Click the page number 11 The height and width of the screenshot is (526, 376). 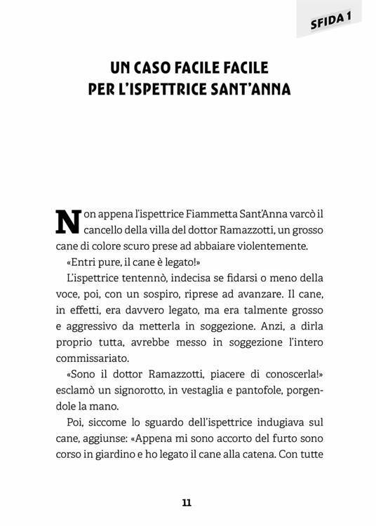pos(187,502)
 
